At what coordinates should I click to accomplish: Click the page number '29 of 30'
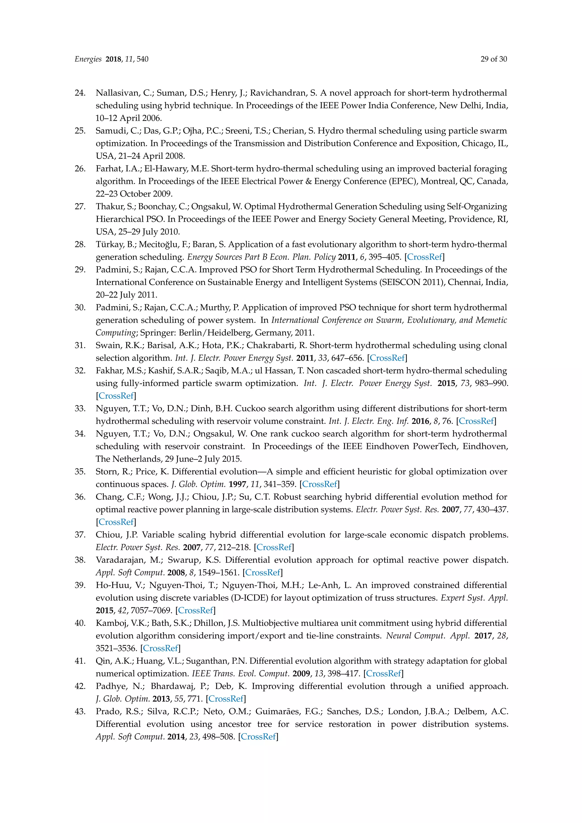point(494,59)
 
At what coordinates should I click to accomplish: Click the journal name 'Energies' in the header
point(88,59)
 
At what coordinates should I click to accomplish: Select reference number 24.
point(80,93)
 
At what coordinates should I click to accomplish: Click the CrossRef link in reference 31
point(387,358)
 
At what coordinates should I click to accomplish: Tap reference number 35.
point(80,472)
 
